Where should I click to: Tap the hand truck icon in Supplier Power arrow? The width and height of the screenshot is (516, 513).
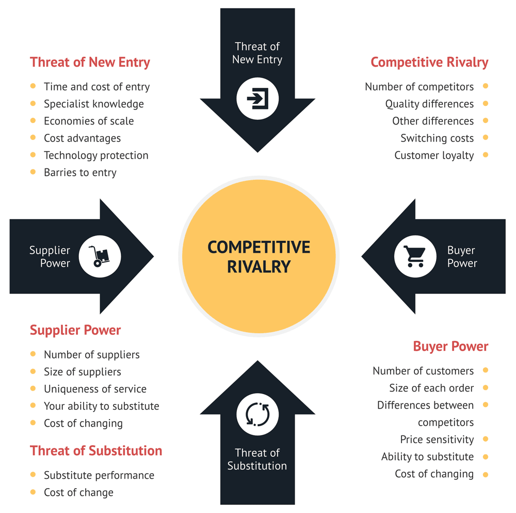pos(100,256)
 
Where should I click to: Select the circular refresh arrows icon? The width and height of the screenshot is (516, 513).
pos(257,414)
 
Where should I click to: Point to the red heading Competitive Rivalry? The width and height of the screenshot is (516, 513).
pos(429,63)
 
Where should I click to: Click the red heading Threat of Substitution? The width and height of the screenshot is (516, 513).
pos(96,450)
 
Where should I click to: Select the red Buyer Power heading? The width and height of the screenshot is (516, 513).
pos(450,346)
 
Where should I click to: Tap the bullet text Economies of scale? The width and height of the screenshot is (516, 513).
pos(89,121)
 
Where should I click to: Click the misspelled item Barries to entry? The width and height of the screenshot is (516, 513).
pos(80,173)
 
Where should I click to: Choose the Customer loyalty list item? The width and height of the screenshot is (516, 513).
pos(434,155)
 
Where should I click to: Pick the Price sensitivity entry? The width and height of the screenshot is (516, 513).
pos(437,440)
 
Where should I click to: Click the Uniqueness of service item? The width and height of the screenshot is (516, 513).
pos(95,389)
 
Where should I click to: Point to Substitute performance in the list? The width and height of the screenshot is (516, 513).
pos(99,475)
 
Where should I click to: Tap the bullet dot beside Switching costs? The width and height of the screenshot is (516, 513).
pos(485,137)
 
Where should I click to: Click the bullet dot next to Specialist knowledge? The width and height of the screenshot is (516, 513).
pos(33,103)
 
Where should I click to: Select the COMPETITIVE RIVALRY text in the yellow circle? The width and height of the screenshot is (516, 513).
pos(259,256)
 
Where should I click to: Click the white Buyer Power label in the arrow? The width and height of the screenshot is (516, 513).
pos(462,257)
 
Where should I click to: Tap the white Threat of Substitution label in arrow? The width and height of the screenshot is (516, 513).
pos(257,459)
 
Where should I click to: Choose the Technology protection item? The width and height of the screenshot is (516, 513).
pos(96,156)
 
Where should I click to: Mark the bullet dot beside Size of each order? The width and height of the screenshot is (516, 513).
pos(485,387)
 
